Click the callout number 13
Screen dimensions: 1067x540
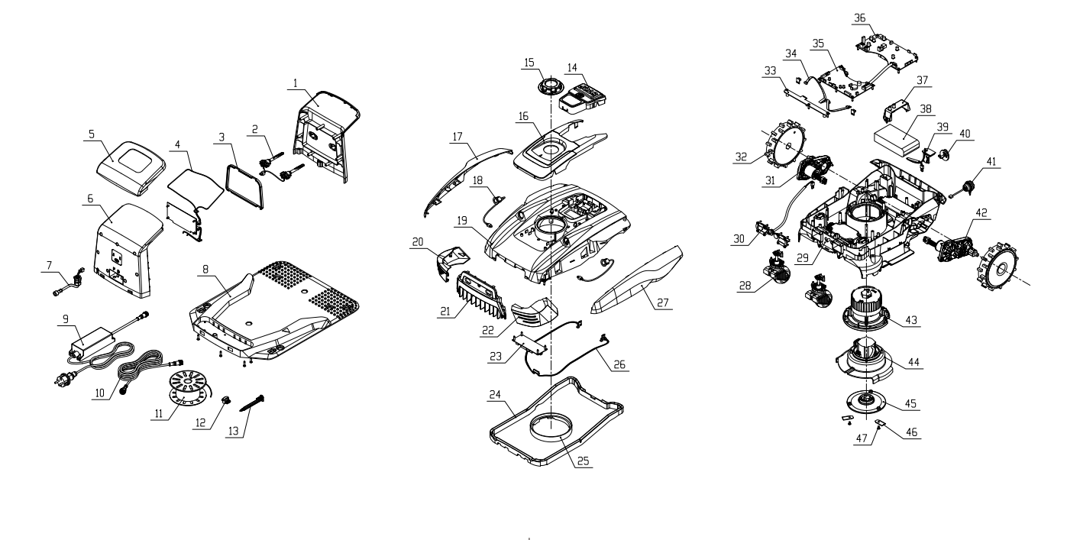coord(234,432)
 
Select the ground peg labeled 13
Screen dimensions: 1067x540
coord(252,403)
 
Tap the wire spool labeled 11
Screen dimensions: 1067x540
coord(189,388)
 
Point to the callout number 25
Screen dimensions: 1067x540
coord(583,461)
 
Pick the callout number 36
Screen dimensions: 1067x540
coord(859,18)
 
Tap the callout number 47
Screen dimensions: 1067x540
coord(862,438)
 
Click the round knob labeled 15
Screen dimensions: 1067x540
coord(550,87)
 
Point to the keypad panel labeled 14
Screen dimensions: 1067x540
coord(582,98)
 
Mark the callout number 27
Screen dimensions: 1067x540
coord(663,303)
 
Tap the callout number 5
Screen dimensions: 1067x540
coord(92,134)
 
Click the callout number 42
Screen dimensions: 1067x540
coord(981,213)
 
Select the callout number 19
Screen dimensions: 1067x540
coord(462,221)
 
